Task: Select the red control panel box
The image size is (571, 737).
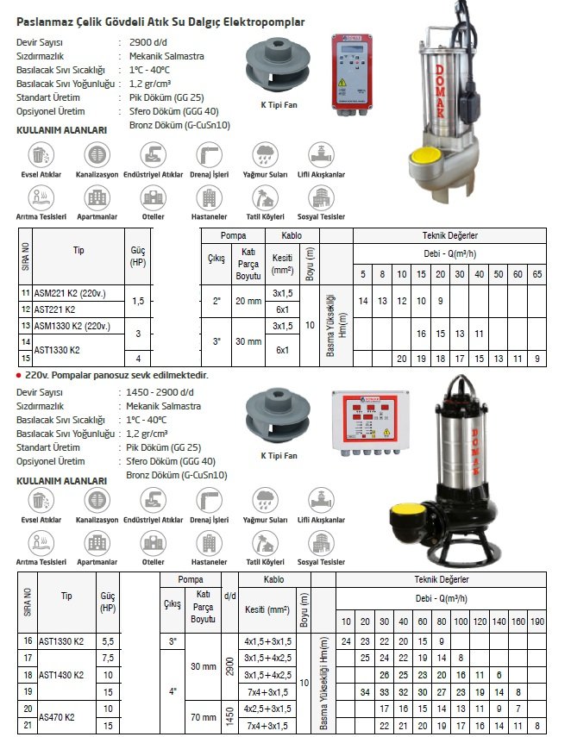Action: (355, 72)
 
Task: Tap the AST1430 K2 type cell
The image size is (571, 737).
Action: (60, 675)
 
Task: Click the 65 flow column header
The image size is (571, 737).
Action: (536, 273)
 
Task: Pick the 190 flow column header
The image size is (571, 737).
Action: (536, 621)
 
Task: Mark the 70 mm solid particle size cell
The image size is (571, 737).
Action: (203, 717)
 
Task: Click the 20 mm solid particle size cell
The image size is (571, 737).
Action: (248, 301)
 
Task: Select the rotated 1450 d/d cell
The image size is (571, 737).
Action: (229, 717)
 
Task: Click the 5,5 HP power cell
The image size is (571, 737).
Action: (108, 641)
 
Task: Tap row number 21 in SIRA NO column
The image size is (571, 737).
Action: (26, 726)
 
